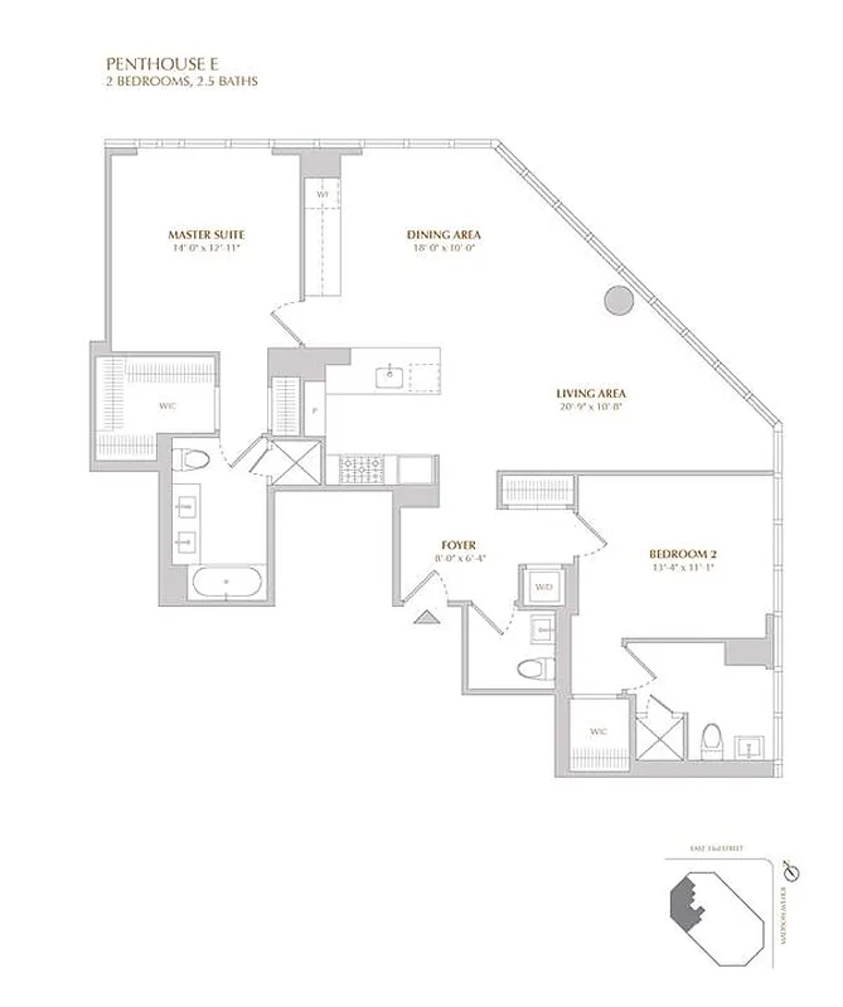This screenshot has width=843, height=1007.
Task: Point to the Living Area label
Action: pyautogui.click(x=590, y=394)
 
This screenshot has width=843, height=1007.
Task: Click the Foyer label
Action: pyautogui.click(x=459, y=545)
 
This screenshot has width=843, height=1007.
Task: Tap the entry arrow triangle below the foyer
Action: pyautogui.click(x=426, y=617)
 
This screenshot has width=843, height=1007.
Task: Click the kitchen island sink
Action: pyautogui.click(x=388, y=377)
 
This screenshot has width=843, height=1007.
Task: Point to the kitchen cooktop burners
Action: pyautogui.click(x=360, y=469)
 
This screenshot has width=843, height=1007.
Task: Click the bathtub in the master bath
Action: pyautogui.click(x=226, y=582)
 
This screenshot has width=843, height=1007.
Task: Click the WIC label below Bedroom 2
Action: pyautogui.click(x=599, y=732)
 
